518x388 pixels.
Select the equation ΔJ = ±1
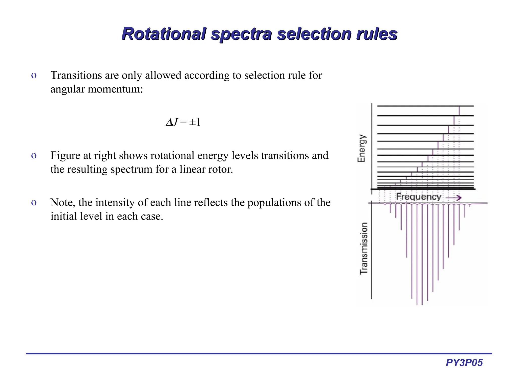[x=183, y=122]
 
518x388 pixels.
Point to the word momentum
[x=115, y=89]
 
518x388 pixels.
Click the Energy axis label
[x=361, y=148]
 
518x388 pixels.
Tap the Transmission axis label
[x=363, y=248]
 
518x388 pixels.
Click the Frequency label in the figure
[x=418, y=197]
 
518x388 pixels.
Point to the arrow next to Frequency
[x=454, y=198]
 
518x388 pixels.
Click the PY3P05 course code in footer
[x=464, y=363]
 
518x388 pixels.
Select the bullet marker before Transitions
[x=34, y=76]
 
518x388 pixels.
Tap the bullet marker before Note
[x=34, y=203]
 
